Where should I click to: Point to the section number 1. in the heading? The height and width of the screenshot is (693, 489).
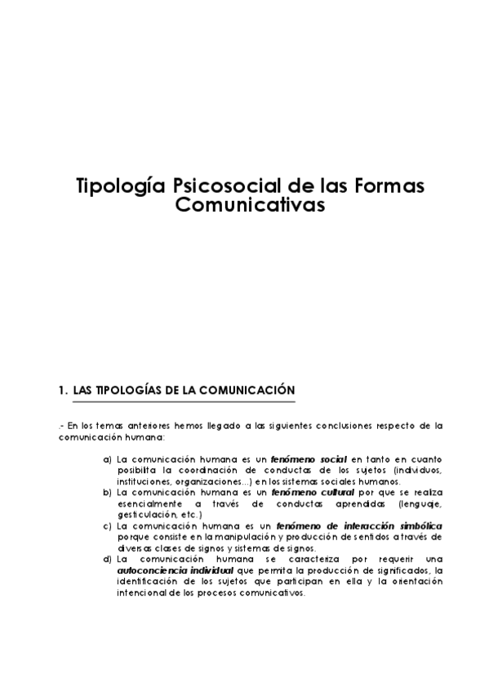click(x=62, y=391)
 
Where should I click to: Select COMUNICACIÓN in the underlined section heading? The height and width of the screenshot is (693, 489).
click(x=246, y=391)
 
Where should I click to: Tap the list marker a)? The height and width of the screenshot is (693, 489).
click(x=108, y=460)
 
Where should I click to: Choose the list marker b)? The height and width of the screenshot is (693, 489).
click(x=108, y=494)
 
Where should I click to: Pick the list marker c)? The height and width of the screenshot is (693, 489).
click(x=108, y=526)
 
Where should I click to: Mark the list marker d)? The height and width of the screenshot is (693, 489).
click(x=108, y=560)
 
